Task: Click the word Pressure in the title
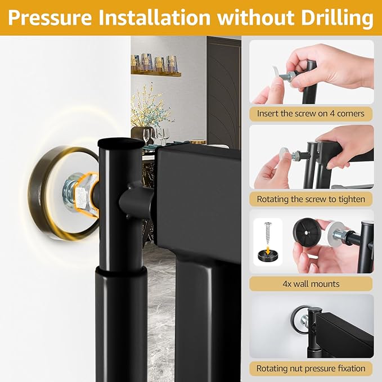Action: pos(50,17)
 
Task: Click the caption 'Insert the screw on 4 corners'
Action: pos(311,114)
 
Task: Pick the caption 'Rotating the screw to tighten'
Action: pos(311,199)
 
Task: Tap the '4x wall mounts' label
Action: pos(311,284)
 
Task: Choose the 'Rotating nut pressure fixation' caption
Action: pos(311,368)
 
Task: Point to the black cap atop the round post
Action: pos(120,142)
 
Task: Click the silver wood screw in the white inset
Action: pos(268,233)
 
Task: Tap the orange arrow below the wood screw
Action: pos(268,250)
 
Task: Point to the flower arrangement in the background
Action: pos(149,107)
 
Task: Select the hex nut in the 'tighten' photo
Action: pos(297,155)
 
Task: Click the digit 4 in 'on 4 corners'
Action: pos(332,114)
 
